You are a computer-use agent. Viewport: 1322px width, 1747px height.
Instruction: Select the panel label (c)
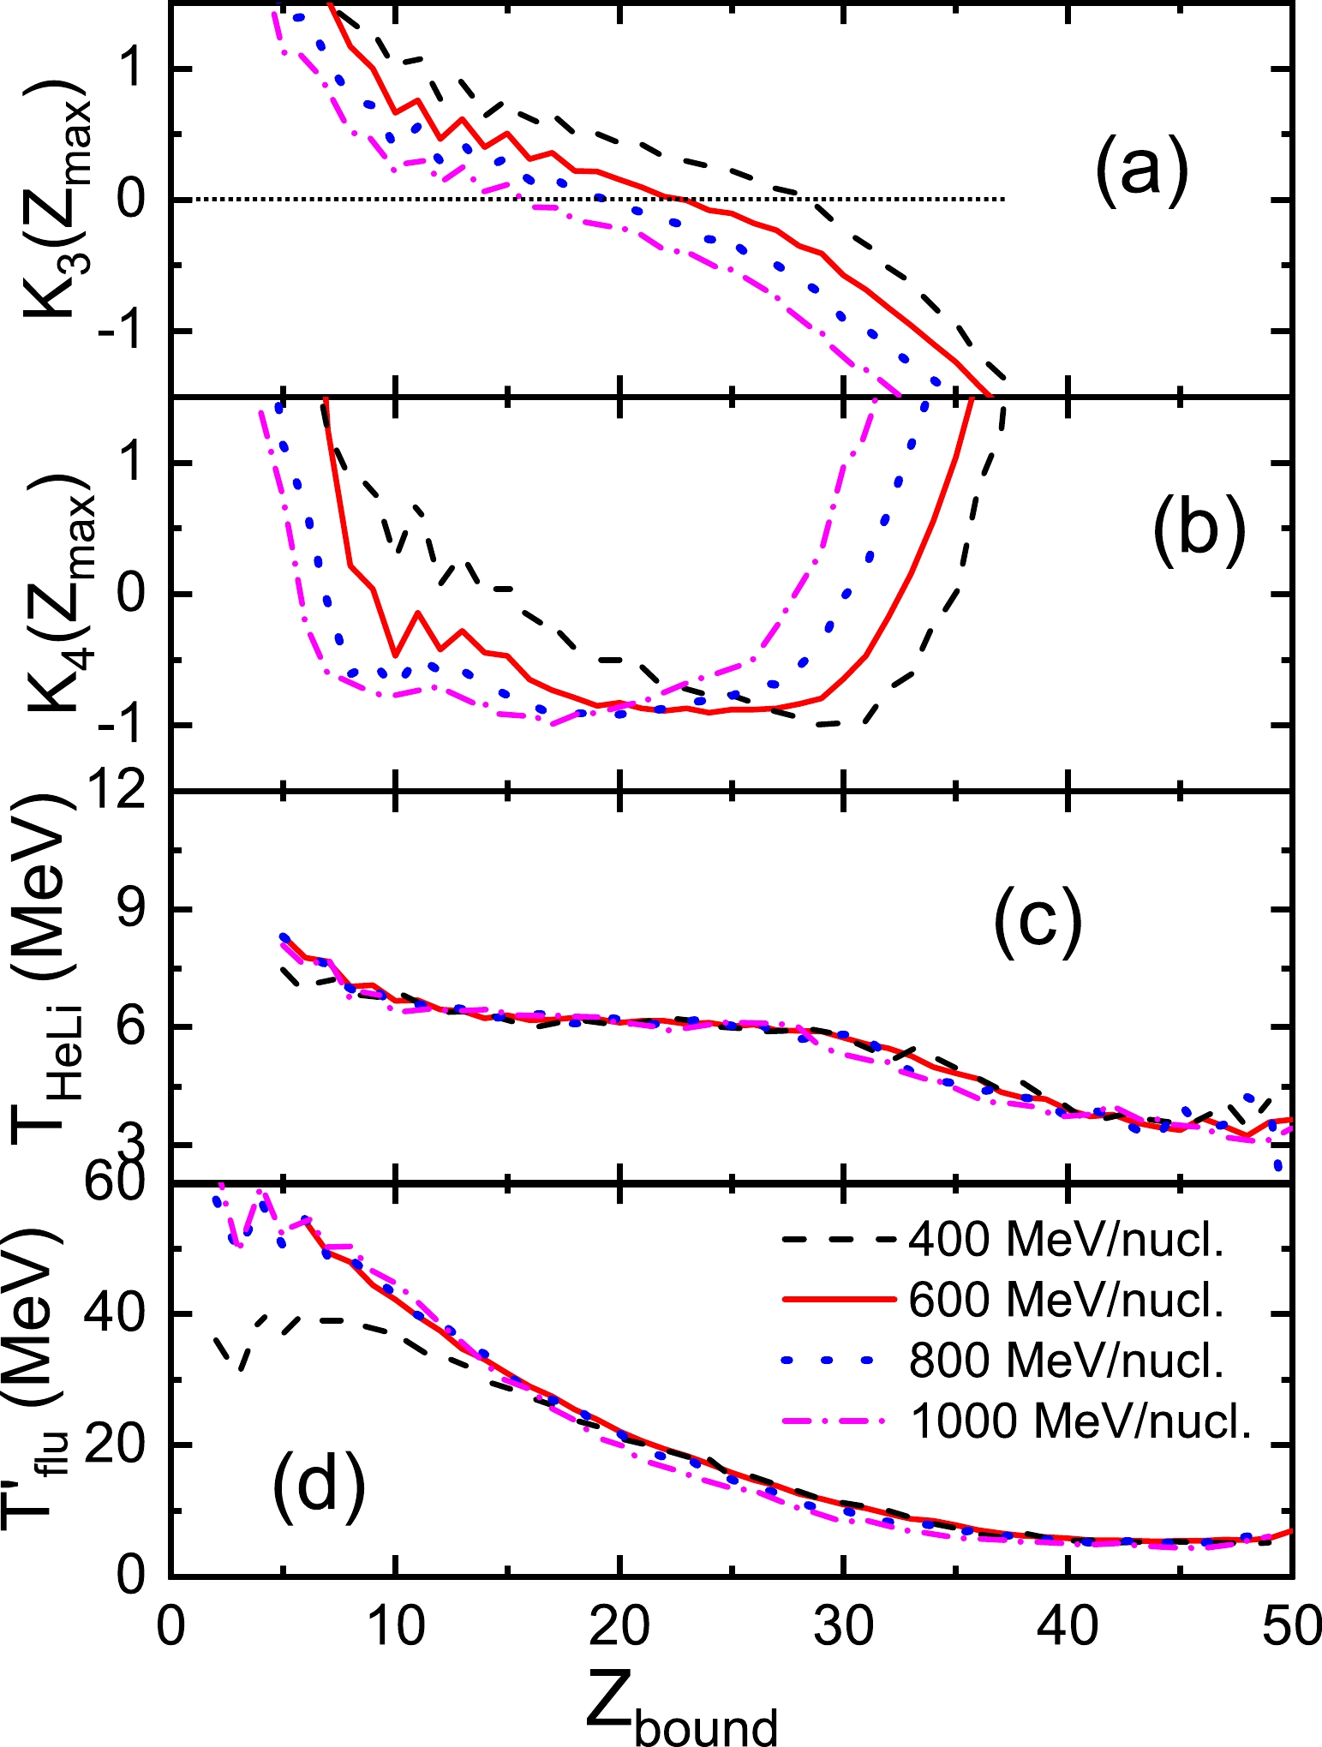[1038, 923]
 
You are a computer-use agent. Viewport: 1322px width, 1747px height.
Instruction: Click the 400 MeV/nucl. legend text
[1067, 1240]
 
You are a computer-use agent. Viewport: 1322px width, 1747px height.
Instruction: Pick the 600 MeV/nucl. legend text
[1067, 1301]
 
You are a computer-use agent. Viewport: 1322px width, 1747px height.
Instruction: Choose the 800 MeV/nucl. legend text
[1067, 1361]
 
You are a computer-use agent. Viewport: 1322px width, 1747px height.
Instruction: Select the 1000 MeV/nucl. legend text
[1081, 1421]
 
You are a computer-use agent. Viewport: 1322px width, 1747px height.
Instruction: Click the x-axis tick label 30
[844, 1624]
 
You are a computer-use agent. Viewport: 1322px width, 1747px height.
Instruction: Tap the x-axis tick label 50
[1292, 1624]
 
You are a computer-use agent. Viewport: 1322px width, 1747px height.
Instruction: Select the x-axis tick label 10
[396, 1624]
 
